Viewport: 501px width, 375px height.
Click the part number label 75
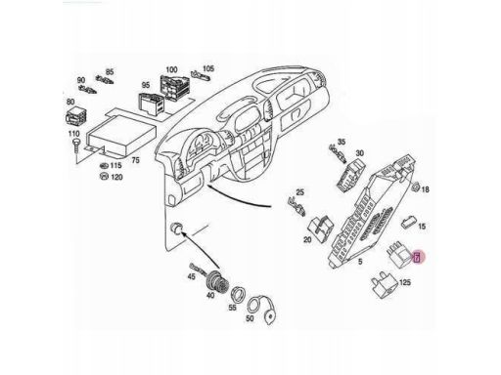tap(135, 160)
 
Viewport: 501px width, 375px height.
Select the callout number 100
tap(171, 69)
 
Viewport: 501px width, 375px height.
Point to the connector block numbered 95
tap(153, 103)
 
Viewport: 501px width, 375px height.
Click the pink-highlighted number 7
tap(416, 258)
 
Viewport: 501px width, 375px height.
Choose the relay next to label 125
tap(385, 285)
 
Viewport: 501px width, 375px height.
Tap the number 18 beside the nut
tap(425, 189)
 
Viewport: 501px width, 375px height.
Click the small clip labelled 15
tap(409, 223)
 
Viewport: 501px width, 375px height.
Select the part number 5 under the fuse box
tap(360, 262)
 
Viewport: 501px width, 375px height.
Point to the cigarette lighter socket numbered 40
tap(218, 282)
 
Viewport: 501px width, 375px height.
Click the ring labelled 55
tap(238, 295)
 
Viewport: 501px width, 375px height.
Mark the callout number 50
tap(250, 318)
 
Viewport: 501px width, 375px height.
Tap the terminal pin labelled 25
tap(296, 206)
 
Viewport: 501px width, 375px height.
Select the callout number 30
tap(359, 153)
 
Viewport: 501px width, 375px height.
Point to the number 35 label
tap(342, 142)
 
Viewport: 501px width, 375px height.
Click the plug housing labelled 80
tap(77, 116)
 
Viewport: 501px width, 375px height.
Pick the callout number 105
tap(208, 68)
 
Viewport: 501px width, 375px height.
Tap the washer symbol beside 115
tap(104, 165)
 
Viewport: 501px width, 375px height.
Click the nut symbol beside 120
tap(104, 176)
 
